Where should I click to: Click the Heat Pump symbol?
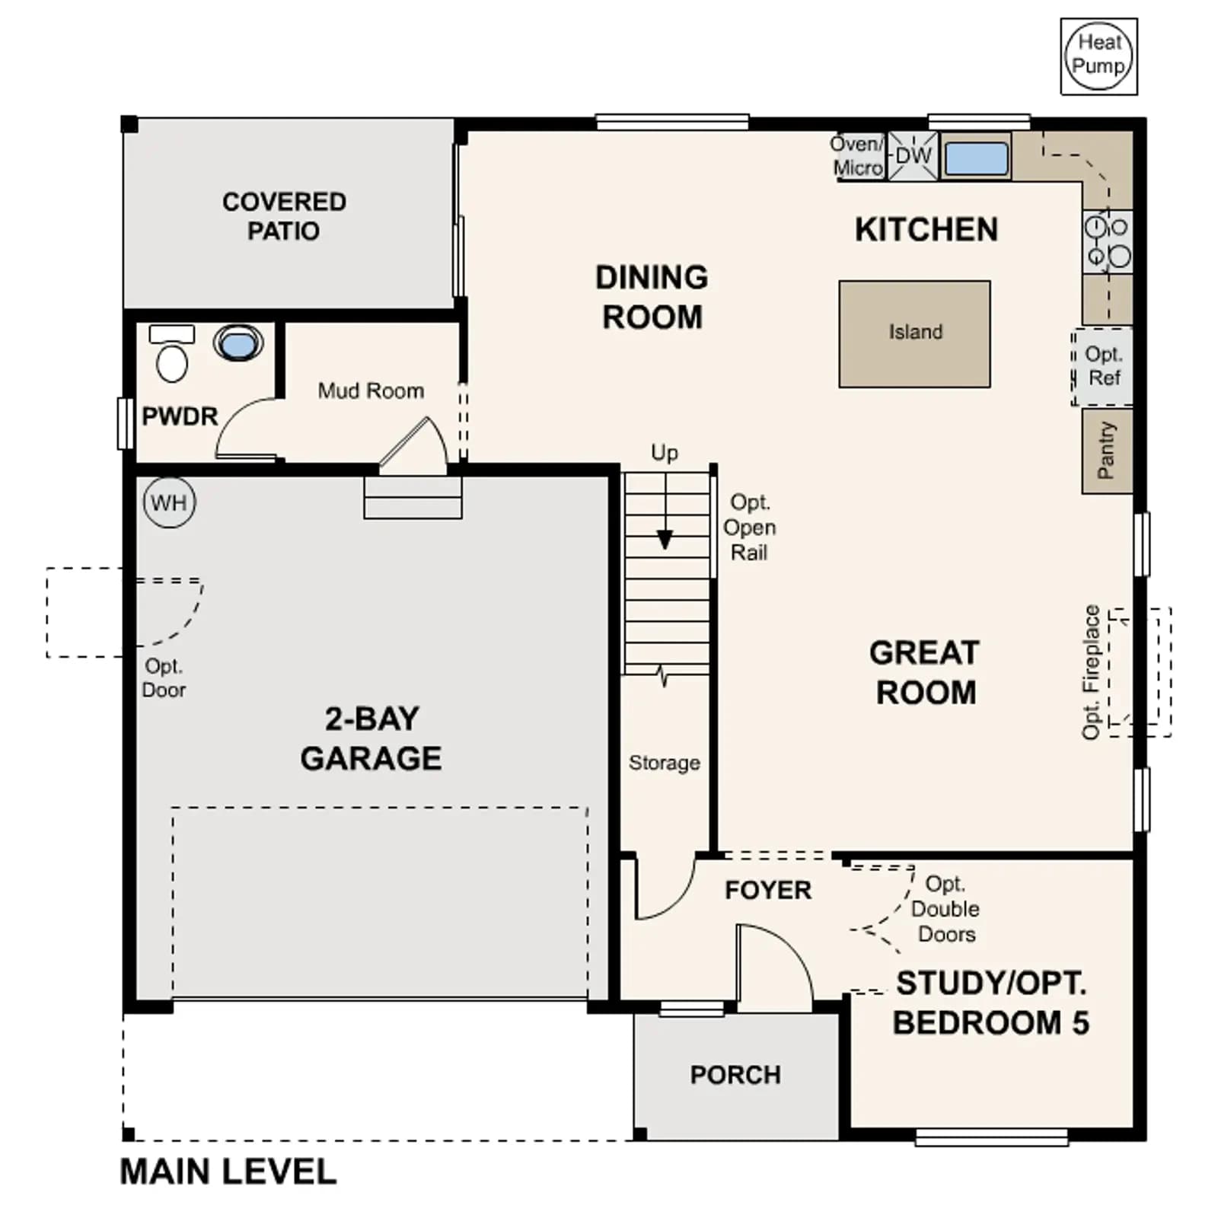point(1098,56)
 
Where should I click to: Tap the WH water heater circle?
point(169,502)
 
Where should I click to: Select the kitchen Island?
point(914,333)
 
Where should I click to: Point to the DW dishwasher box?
point(913,156)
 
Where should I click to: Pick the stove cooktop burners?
point(1108,242)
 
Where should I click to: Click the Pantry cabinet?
point(1107,451)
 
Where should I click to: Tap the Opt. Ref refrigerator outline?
point(1102,367)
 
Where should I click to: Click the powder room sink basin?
point(238,343)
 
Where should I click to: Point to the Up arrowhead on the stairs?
point(665,540)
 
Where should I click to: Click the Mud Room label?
point(371,391)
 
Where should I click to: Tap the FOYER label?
point(768,890)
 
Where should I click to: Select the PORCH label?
point(735,1074)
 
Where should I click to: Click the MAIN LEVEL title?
point(228,1172)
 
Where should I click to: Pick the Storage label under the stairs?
point(665,763)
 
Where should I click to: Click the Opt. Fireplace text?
point(1092,672)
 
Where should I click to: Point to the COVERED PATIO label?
point(284,216)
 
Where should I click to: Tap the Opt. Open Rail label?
point(750,528)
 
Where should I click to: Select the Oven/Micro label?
point(857,156)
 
